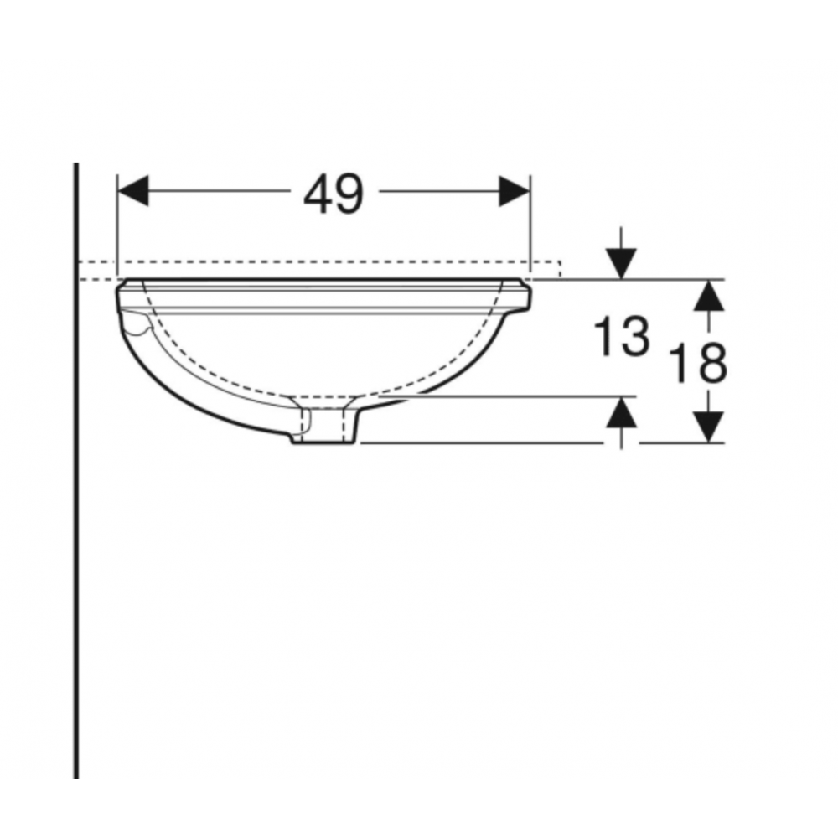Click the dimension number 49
pyautogui.click(x=334, y=194)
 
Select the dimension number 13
pyautogui.click(x=622, y=337)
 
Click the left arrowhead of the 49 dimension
pyautogui.click(x=132, y=191)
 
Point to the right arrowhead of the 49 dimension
pyautogui.click(x=515, y=191)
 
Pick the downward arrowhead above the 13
pyautogui.click(x=621, y=264)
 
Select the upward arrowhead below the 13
pyautogui.click(x=621, y=412)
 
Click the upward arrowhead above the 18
pyautogui.click(x=709, y=295)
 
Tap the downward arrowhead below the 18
pyautogui.click(x=709, y=427)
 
